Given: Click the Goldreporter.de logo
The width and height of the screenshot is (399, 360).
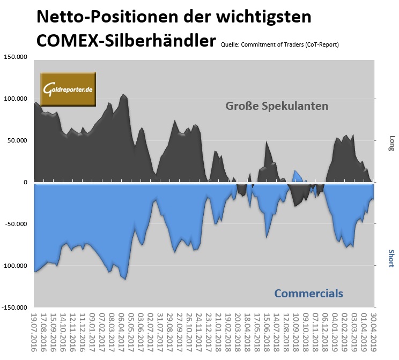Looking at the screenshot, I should tap(69, 88).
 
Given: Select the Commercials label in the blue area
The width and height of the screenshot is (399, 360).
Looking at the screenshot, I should tap(308, 293).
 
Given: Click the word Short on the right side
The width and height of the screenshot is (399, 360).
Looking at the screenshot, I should tap(391, 258).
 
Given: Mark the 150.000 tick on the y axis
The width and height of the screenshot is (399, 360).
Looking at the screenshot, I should tap(16, 57).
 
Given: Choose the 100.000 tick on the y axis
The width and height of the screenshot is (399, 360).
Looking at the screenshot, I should tap(16, 99).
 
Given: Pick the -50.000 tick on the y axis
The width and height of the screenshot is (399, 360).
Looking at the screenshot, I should tap(16, 224).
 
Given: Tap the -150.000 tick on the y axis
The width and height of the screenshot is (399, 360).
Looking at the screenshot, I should tap(15, 308).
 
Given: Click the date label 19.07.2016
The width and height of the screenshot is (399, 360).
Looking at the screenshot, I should tap(35, 334).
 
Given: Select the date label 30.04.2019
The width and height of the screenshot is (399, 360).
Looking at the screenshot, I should tap(374, 334).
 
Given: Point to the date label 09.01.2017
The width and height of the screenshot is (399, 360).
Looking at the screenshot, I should tap(93, 334).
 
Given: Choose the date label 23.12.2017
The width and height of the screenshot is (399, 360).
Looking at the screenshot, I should tap(210, 334).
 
